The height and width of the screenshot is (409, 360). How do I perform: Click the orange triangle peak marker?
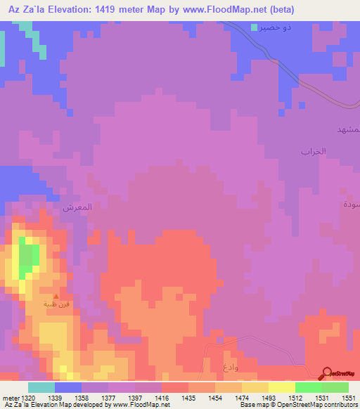(57, 296)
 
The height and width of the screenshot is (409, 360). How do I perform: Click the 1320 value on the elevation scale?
(28, 398)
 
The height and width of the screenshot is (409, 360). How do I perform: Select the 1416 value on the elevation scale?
(162, 398)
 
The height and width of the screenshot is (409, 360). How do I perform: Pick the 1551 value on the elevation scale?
(349, 398)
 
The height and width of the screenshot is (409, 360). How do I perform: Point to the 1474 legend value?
(242, 398)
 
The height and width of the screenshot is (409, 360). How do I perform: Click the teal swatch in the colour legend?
(41, 387)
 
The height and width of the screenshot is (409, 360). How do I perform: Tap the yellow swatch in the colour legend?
(282, 387)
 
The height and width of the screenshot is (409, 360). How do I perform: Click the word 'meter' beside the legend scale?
(11, 398)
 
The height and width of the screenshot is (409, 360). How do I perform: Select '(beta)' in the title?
(279, 10)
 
